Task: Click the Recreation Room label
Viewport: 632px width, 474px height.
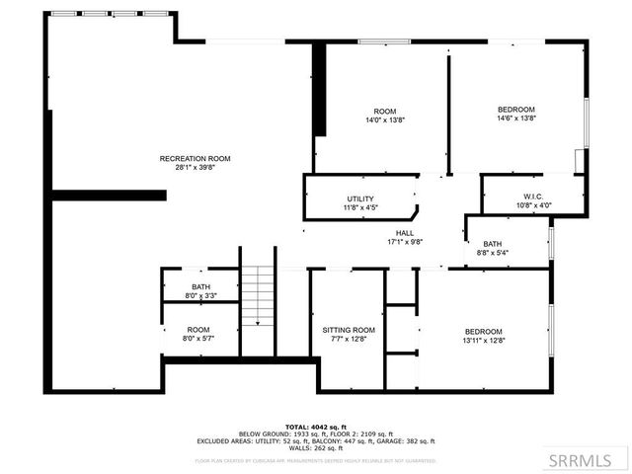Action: click(196, 158)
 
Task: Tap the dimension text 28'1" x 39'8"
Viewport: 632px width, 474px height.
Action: click(196, 167)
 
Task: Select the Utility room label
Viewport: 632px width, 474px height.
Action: click(359, 198)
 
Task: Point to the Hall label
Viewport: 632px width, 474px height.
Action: click(405, 232)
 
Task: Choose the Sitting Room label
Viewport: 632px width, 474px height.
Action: click(349, 330)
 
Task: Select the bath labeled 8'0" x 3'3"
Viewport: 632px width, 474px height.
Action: click(200, 287)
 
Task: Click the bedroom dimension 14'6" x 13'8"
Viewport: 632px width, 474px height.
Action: click(516, 118)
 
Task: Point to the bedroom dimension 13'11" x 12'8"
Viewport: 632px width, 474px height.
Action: click(484, 340)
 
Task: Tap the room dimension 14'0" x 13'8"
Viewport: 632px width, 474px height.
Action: click(385, 118)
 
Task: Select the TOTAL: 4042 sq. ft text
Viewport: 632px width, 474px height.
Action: click(316, 426)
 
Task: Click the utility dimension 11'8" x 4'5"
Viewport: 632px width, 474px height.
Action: click(359, 207)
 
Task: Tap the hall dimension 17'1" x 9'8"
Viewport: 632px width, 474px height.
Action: click(405, 241)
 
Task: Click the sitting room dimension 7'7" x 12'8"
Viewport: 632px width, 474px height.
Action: click(349, 339)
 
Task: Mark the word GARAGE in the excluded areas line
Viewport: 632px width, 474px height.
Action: click(392, 441)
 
